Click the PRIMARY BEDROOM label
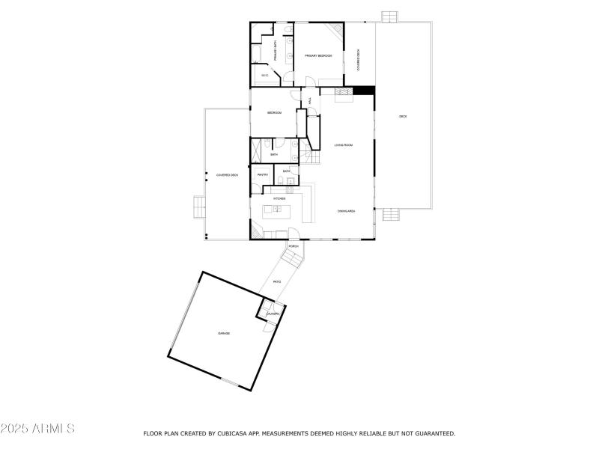(318, 55)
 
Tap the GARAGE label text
(224, 333)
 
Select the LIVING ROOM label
(343, 144)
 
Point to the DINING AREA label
(346, 212)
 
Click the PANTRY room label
(263, 174)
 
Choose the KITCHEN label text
(279, 198)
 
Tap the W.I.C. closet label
(265, 76)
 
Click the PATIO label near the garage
(276, 282)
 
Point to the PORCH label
(294, 246)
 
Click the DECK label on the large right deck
(403, 116)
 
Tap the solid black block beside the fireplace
(364, 91)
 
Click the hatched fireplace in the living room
(343, 93)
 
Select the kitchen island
(278, 210)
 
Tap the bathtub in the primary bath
(255, 53)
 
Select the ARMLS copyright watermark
(37, 430)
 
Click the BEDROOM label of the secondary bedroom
(274, 112)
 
